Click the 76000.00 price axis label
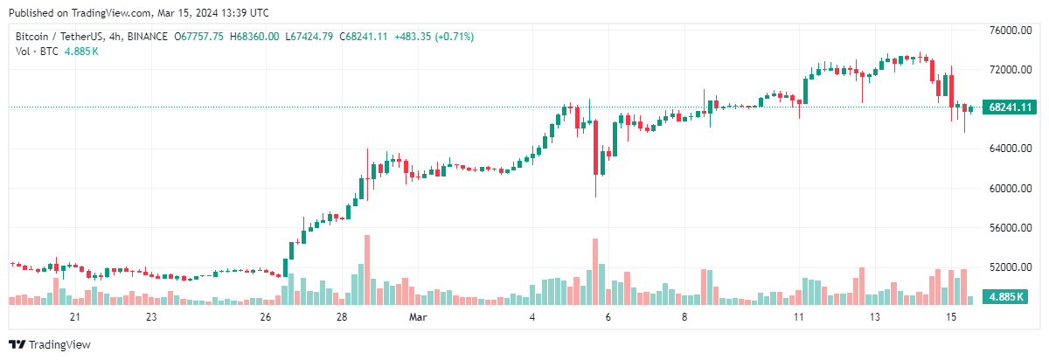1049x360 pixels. pyautogui.click(x=1006, y=30)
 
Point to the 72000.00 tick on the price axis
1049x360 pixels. pyautogui.click(x=1006, y=69)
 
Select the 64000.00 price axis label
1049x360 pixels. pyautogui.click(x=1006, y=149)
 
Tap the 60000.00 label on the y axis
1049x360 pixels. pyautogui.click(x=1006, y=188)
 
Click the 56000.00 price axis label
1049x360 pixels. pyautogui.click(x=1006, y=227)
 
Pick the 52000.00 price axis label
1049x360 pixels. pyautogui.click(x=1006, y=267)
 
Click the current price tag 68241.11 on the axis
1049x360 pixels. pyautogui.click(x=1007, y=107)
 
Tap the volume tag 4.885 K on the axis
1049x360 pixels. pyautogui.click(x=1007, y=297)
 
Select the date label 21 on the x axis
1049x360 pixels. pyautogui.click(x=75, y=316)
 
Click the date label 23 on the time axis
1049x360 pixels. pyautogui.click(x=151, y=316)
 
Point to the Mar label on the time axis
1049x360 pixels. pyautogui.click(x=419, y=316)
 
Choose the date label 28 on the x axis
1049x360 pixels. pyautogui.click(x=343, y=316)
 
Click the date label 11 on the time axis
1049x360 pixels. pyautogui.click(x=797, y=316)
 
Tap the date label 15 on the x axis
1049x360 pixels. pyautogui.click(x=950, y=316)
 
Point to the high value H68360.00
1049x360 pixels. pyautogui.click(x=255, y=36)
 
